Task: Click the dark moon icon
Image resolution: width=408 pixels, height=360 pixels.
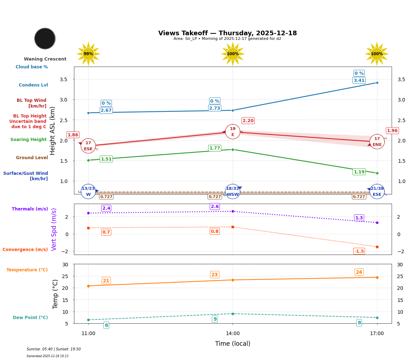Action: (x=45, y=38)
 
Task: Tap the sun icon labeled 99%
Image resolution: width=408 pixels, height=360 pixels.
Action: (x=88, y=54)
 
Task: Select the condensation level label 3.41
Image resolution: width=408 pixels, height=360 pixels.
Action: (x=359, y=80)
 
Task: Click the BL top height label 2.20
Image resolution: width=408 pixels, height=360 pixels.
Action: (x=248, y=121)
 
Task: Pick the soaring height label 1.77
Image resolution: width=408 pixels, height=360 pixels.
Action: (x=214, y=148)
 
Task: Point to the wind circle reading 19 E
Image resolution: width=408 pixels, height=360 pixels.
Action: (x=233, y=132)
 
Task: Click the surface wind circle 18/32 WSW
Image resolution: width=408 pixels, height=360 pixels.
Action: (x=233, y=192)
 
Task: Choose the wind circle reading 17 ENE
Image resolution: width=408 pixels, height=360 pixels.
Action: (x=377, y=142)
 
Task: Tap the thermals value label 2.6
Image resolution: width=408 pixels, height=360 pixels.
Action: (x=215, y=207)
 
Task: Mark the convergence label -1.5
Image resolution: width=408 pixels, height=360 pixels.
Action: (x=359, y=251)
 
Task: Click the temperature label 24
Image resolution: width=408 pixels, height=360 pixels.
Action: (x=359, y=272)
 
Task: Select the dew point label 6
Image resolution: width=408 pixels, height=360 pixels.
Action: (x=106, y=325)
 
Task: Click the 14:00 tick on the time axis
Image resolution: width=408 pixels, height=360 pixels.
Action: (x=233, y=334)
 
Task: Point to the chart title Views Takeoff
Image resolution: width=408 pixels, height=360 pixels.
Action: (x=227, y=33)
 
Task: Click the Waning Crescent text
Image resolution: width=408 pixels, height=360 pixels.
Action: (x=45, y=59)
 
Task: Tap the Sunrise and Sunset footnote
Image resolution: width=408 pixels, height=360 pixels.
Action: (x=54, y=349)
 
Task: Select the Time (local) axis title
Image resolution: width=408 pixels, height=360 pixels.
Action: (x=233, y=344)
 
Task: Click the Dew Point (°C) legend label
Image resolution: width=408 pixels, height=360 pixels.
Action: (x=30, y=318)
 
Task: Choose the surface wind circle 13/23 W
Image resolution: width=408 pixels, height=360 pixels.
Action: (x=88, y=192)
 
